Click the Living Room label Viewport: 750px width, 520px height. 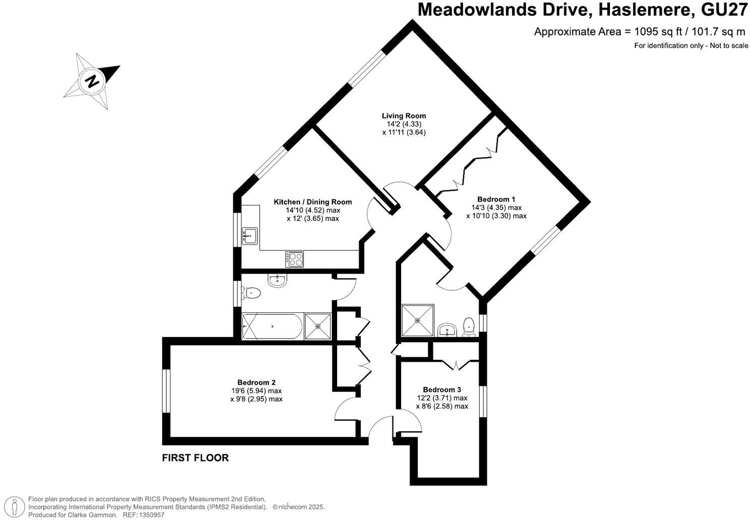(403, 116)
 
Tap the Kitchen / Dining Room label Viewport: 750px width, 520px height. (312, 202)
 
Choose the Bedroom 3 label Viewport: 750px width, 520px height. (442, 389)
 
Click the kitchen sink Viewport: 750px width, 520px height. (249, 235)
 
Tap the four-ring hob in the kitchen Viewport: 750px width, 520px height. (295, 259)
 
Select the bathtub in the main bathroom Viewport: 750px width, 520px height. (272, 327)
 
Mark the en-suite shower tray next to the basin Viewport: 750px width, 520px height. (417, 320)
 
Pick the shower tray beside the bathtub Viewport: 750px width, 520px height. (318, 327)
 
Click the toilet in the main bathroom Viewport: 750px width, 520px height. (252, 292)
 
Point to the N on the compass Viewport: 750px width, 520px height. (92, 81)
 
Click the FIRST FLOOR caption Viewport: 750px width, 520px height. (195, 458)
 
